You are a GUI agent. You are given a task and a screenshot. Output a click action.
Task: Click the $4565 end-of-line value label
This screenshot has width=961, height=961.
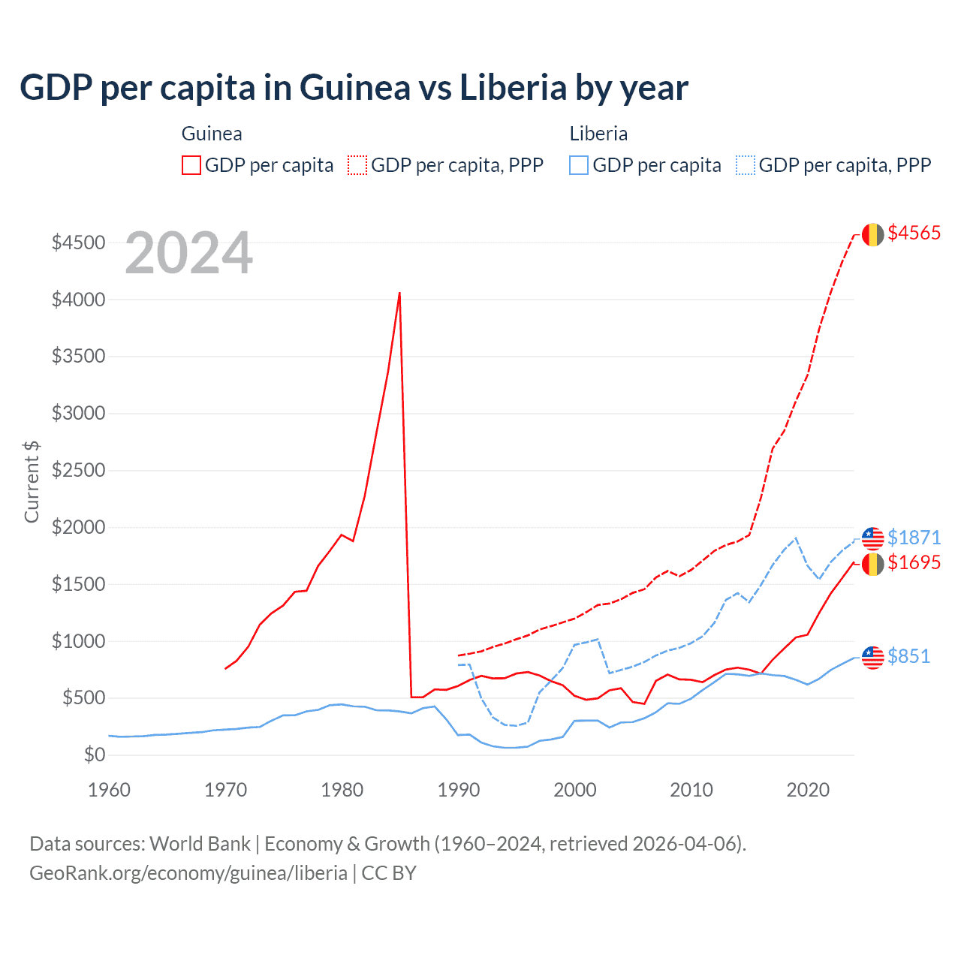[914, 233]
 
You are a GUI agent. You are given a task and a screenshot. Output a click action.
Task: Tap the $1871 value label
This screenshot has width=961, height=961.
[914, 538]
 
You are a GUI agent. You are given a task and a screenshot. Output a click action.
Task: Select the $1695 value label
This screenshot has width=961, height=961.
[914, 563]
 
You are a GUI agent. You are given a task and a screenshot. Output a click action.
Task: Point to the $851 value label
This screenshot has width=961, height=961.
[908, 657]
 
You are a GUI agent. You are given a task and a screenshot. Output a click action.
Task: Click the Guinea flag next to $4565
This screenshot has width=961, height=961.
[872, 235]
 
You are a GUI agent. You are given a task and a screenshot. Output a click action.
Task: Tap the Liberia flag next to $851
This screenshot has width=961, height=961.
[872, 658]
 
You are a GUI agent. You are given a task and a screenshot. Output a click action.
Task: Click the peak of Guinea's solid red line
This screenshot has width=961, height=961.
[399, 293]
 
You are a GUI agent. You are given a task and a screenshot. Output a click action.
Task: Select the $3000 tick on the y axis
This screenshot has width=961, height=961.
[78, 414]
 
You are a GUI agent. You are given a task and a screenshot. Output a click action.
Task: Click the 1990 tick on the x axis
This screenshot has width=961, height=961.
[459, 790]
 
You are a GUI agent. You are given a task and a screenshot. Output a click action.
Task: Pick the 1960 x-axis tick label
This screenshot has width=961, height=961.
[110, 790]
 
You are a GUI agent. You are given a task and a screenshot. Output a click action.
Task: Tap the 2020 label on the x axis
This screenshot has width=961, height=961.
[808, 790]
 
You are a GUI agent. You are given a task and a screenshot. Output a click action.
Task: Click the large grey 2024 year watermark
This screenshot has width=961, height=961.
[189, 253]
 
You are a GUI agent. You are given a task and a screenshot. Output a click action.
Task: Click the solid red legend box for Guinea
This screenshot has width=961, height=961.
[191, 165]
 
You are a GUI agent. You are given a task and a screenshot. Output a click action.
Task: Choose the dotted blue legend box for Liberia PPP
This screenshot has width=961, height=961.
[746, 165]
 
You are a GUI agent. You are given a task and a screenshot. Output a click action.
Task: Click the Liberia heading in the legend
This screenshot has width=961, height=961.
[598, 134]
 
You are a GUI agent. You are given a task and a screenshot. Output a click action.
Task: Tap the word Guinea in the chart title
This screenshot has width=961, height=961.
[355, 88]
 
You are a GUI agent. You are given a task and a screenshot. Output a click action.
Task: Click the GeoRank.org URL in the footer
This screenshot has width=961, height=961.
[188, 873]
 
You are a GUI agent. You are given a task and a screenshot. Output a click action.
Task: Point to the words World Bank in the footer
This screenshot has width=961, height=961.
[200, 844]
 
